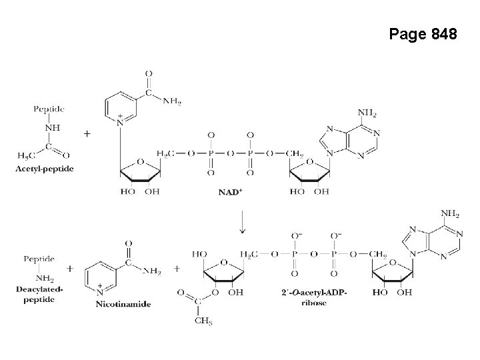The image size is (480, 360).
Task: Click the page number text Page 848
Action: coord(423,35)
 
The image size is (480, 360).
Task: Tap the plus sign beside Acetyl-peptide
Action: coord(87,133)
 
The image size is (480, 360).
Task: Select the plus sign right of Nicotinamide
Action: coord(177,269)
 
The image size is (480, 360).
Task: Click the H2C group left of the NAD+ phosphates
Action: coord(166,154)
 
